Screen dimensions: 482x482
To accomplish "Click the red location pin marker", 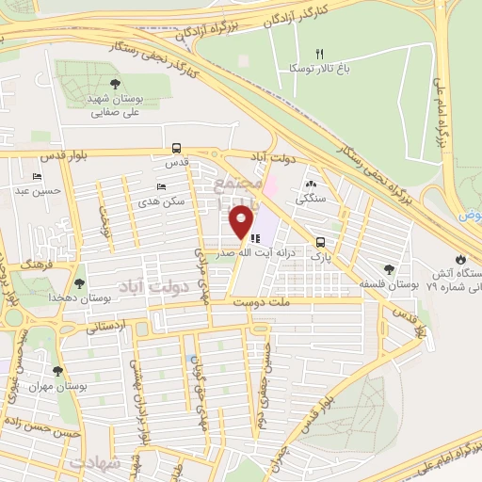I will point(242,222).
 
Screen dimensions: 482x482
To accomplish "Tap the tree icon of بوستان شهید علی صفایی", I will point(115,84).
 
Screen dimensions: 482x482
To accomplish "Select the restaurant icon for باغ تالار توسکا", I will point(319,54).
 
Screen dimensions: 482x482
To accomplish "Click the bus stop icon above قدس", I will point(176,148).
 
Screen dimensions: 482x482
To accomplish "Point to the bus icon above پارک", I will point(322,240).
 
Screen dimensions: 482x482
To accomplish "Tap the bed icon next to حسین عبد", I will point(37,177).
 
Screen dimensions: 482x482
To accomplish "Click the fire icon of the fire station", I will point(458,258).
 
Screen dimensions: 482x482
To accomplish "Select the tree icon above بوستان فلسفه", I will point(390,269).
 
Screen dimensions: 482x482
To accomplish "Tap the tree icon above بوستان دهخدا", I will point(78,281).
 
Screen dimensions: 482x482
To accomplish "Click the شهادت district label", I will point(94,463).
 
